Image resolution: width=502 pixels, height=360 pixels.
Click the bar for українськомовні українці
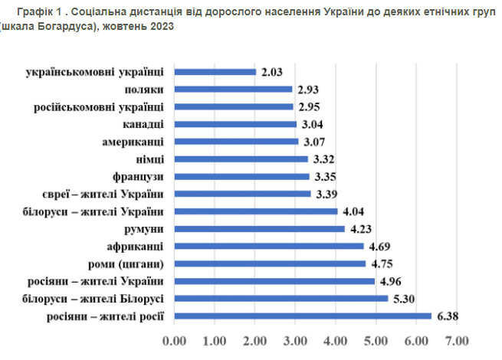point(216,72)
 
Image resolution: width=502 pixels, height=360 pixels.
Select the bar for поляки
point(234,90)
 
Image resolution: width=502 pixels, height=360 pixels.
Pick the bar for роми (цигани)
point(271,263)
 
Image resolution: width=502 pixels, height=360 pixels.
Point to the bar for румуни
point(260,228)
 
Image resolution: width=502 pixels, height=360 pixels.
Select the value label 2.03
point(273,72)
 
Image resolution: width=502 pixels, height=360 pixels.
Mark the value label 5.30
point(405,298)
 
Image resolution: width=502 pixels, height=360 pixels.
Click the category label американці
point(133,142)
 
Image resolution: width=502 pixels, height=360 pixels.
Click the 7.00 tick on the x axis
point(457,339)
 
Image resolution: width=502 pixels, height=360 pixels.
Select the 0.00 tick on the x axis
point(176,339)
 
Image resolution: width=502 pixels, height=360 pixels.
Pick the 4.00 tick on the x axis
point(336,339)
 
